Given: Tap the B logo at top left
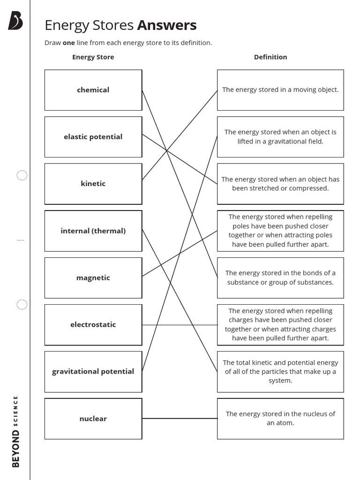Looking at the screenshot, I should click(x=15, y=21).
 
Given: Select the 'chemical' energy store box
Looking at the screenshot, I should click(x=93, y=90).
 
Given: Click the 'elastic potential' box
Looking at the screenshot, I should click(x=93, y=137).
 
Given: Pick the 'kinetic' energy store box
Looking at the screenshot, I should click(x=93, y=184).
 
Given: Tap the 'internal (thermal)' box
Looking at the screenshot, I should click(x=93, y=231).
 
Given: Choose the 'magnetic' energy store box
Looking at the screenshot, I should click(x=93, y=278).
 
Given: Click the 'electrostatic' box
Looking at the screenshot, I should click(x=93, y=325).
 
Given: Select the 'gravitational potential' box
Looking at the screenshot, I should click(x=93, y=372).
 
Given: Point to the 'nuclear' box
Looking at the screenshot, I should click(x=93, y=419).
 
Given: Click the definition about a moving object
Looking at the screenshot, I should click(x=280, y=90).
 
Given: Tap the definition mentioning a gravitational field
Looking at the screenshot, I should click(x=280, y=137).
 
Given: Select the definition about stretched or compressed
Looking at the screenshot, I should click(x=280, y=184).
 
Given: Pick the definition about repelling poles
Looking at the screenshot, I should click(x=280, y=231).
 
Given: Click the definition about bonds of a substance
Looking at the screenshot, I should click(x=280, y=278).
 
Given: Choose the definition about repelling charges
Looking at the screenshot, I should click(x=280, y=325).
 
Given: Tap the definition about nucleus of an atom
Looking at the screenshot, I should click(x=280, y=419).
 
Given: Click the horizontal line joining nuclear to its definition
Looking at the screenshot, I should click(x=180, y=418).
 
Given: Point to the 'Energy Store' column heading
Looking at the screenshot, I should click(x=93, y=57).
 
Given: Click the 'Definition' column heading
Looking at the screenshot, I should click(x=270, y=57).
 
